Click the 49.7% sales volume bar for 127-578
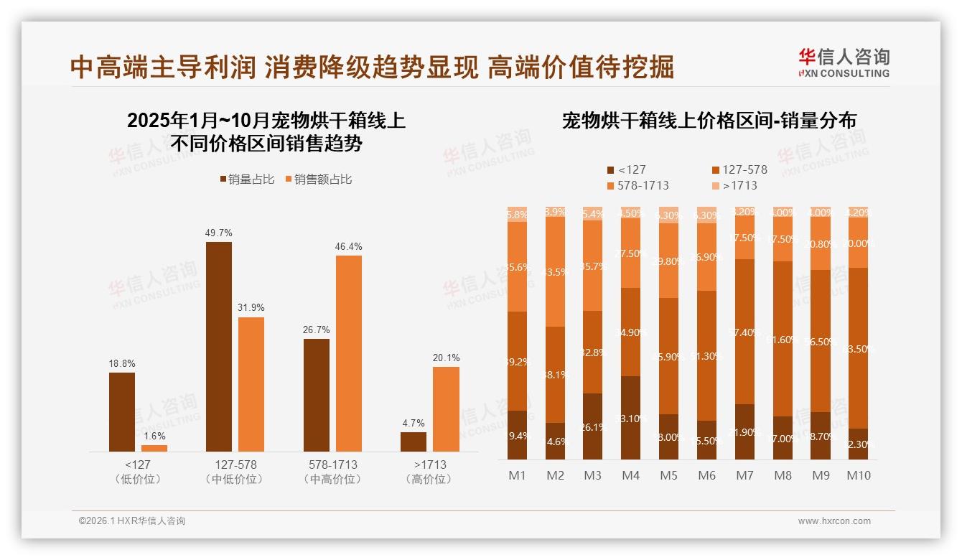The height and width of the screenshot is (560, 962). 219,346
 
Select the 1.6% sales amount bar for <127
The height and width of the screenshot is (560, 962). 154,448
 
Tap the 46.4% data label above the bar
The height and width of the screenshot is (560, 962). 348,246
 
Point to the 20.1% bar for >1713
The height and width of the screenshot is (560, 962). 446,409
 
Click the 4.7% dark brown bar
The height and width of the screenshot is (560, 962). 414,442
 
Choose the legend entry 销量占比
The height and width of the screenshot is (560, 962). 246,179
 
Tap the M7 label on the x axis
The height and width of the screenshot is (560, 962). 744,475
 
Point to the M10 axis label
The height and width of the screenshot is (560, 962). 858,475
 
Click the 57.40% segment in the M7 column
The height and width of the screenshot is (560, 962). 744,332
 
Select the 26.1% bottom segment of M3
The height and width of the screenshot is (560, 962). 592,426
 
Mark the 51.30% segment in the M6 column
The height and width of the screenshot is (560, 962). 706,355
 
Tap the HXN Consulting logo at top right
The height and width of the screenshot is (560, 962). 844,62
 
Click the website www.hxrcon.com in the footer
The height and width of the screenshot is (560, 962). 834,521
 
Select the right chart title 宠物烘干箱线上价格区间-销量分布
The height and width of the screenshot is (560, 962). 709,121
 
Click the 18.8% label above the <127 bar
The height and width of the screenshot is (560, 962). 121,364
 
